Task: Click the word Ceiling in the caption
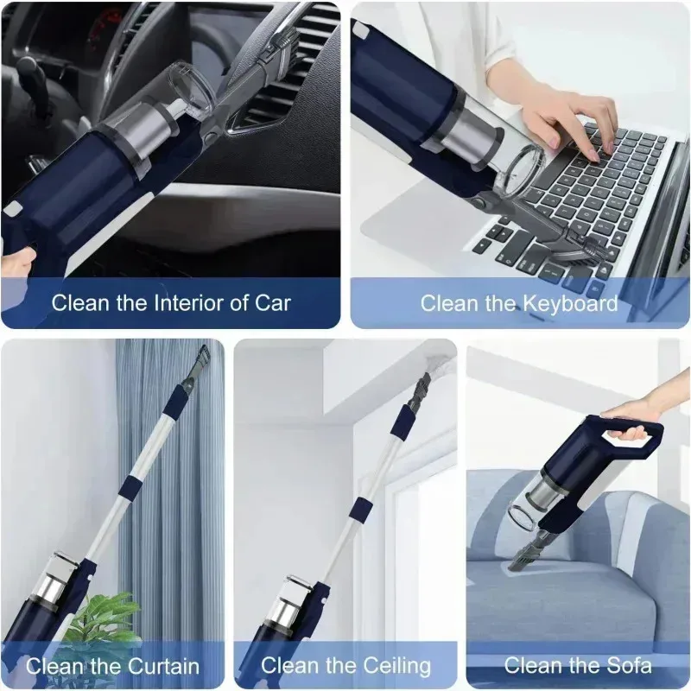[x=393, y=666]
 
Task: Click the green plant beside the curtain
[x=99, y=618]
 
